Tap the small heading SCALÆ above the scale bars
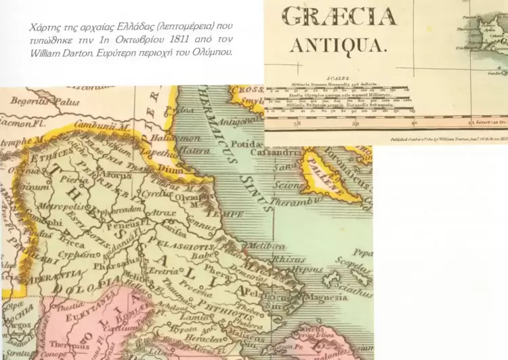coord(338,79)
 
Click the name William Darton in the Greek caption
coord(58,52)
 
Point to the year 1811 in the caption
coord(169,39)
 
